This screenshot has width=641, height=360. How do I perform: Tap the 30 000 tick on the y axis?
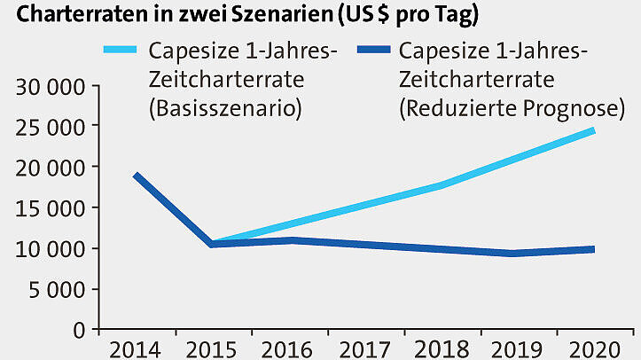point(50,88)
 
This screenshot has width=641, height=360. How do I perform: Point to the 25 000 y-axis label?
point(50,128)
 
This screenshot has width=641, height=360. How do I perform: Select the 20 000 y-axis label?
point(50,168)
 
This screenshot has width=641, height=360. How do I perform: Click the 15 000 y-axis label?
point(50,208)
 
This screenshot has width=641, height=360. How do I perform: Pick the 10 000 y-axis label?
point(50,249)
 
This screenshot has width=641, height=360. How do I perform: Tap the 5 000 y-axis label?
point(57,289)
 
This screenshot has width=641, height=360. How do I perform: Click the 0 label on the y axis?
point(79,330)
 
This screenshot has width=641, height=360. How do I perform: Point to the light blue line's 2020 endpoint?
point(591,130)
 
